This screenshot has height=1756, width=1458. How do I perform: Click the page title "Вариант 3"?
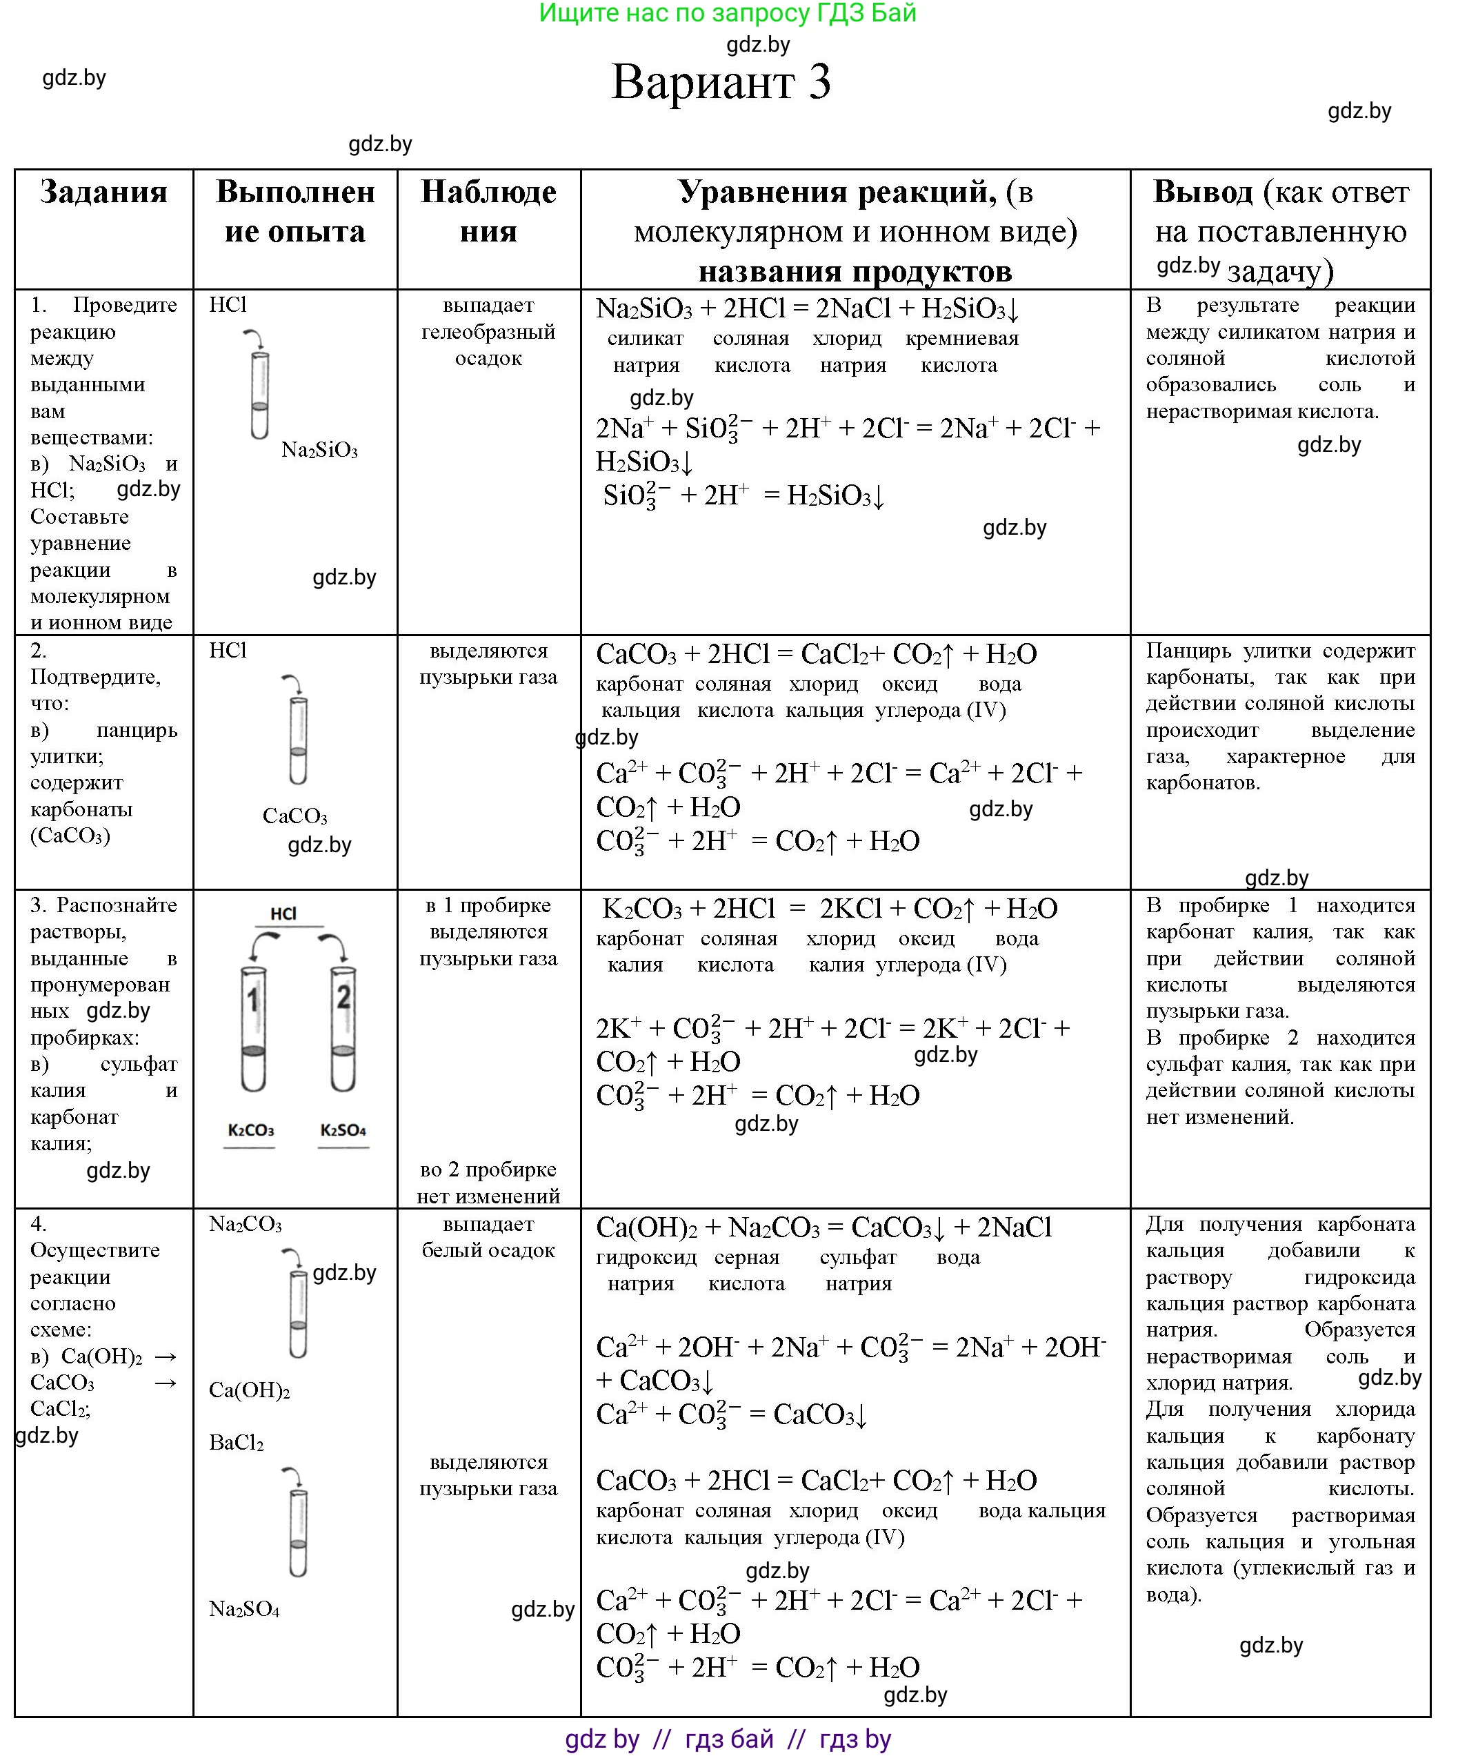721,82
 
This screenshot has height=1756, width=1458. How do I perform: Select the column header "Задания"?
103,193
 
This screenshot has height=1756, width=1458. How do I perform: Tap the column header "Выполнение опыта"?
295,212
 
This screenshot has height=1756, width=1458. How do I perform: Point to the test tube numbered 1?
253,1029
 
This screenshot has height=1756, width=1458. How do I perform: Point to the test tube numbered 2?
343,1029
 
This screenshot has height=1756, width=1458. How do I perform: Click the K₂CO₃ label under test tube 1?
251,1130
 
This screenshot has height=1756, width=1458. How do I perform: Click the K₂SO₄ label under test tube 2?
343,1130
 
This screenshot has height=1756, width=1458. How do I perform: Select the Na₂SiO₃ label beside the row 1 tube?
319,450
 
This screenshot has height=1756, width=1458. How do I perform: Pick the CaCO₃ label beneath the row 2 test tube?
294,816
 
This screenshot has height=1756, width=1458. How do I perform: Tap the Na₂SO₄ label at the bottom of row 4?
244,1609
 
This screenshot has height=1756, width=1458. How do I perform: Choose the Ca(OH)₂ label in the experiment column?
249,1390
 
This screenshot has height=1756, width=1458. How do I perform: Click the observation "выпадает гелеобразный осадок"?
488,332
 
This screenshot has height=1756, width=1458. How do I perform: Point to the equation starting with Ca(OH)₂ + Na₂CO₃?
823,1227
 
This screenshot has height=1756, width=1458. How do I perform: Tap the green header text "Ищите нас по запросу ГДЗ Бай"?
728,13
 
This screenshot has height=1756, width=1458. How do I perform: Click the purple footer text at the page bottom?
728,1739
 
